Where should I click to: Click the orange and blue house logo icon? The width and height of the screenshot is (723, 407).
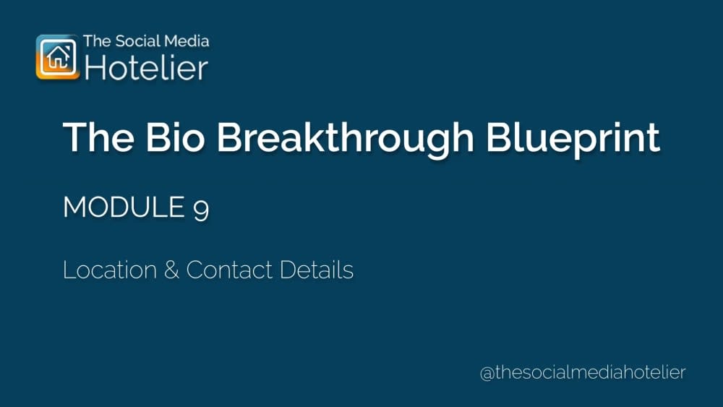pyautogui.click(x=56, y=56)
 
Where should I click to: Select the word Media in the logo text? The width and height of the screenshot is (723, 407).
pyautogui.click(x=185, y=41)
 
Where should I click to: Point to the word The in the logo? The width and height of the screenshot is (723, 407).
pyautogui.click(x=96, y=41)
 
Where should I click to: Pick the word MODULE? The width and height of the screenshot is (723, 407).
pyautogui.click(x=124, y=208)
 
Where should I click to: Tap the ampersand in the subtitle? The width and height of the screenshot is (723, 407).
pyautogui.click(x=171, y=270)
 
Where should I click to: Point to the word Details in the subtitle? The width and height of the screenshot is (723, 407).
pyautogui.click(x=317, y=270)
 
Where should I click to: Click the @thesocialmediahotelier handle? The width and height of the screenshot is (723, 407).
pyautogui.click(x=583, y=373)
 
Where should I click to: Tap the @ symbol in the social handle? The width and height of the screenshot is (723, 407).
pyautogui.click(x=487, y=374)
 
